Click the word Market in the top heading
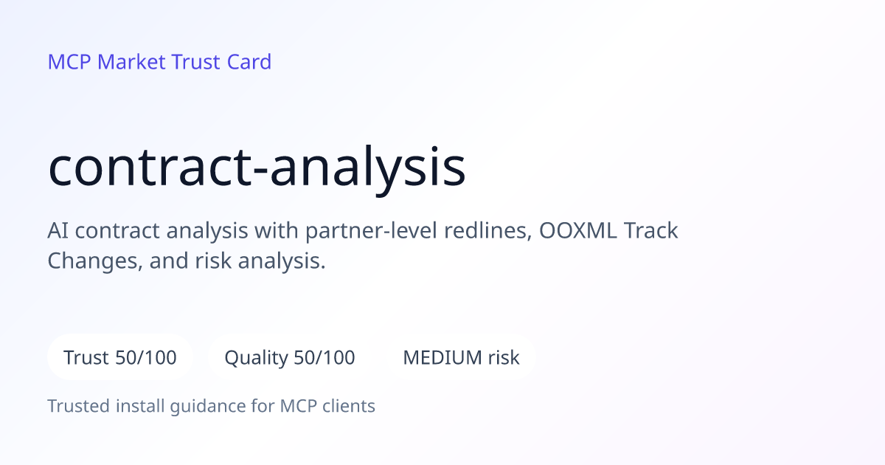tap(131, 62)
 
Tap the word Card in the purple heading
tap(249, 62)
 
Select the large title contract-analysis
tap(257, 168)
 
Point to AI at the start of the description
tap(58, 230)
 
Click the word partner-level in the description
tap(371, 231)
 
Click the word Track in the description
tap(651, 230)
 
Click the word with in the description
tap(276, 230)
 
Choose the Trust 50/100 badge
tap(120, 357)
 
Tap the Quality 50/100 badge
tap(290, 357)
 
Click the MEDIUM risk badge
tap(461, 357)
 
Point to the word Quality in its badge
tap(257, 358)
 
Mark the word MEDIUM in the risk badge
tap(442, 357)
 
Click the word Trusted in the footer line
tap(79, 406)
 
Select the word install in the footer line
tap(140, 406)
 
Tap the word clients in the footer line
tap(349, 406)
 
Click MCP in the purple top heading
tap(69, 62)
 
